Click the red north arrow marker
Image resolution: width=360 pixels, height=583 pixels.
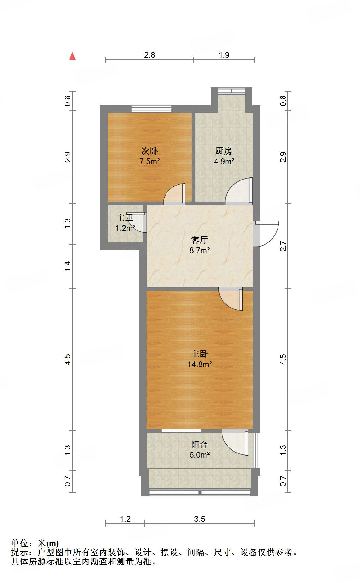(x=72, y=56)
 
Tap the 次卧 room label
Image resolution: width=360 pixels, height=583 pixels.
(x=149, y=151)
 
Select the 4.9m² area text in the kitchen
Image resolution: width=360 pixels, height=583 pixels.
(x=224, y=162)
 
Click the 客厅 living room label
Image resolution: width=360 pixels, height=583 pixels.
(x=200, y=240)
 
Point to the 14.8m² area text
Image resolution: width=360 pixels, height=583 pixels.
(x=200, y=364)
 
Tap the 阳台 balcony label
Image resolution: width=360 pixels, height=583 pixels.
(x=200, y=444)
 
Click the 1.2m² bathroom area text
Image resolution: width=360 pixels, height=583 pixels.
(x=125, y=228)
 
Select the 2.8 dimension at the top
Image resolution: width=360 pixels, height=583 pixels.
(x=149, y=55)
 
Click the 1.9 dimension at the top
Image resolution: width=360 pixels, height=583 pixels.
(x=224, y=55)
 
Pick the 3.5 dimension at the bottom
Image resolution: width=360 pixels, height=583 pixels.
(x=200, y=519)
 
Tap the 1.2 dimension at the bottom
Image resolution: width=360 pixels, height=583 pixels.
(x=125, y=519)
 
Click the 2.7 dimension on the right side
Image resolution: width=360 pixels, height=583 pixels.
(x=283, y=246)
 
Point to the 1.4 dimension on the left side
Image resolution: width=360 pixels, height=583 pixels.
(x=68, y=266)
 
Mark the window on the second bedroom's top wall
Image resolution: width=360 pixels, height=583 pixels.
(x=151, y=109)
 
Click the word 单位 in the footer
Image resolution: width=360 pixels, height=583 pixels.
(x=20, y=543)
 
